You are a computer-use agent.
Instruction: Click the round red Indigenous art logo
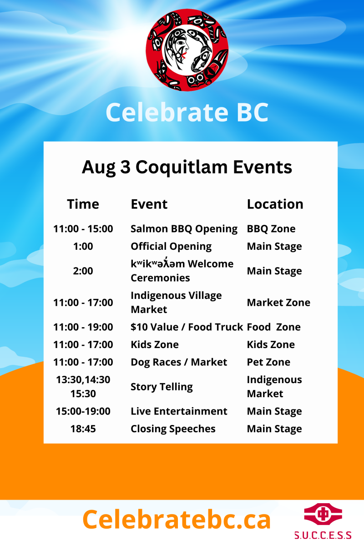pyautogui.click(x=187, y=50)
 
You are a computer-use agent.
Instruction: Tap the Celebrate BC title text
pyautogui.click(x=187, y=112)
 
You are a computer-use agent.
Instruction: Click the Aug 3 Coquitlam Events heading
pyautogui.click(x=187, y=168)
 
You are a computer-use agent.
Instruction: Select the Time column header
pyautogui.click(x=83, y=204)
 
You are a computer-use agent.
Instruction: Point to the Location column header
pyautogui.click(x=275, y=204)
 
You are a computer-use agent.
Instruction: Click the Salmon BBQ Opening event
pyautogui.click(x=184, y=229)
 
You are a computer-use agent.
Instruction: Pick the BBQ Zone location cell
pyautogui.click(x=271, y=229)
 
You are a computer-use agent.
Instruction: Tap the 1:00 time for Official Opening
pyautogui.click(x=83, y=247)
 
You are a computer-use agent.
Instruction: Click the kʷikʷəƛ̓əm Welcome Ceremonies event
pyautogui.click(x=182, y=270)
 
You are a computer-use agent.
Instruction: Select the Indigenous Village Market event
pyautogui.click(x=176, y=303)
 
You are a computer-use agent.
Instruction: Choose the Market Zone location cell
pyautogui.click(x=278, y=303)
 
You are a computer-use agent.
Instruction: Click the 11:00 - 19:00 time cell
pyautogui.click(x=83, y=327)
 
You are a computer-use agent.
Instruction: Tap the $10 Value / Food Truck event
pyautogui.click(x=187, y=327)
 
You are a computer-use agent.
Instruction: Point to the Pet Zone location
pyautogui.click(x=268, y=362)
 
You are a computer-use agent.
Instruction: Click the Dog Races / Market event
pyautogui.click(x=179, y=362)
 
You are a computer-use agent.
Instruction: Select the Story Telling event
pyautogui.click(x=162, y=387)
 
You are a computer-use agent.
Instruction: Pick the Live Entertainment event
pyautogui.click(x=179, y=411)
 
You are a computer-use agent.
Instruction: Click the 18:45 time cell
pyautogui.click(x=83, y=429)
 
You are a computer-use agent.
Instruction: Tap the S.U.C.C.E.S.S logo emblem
pyautogui.click(x=323, y=514)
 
